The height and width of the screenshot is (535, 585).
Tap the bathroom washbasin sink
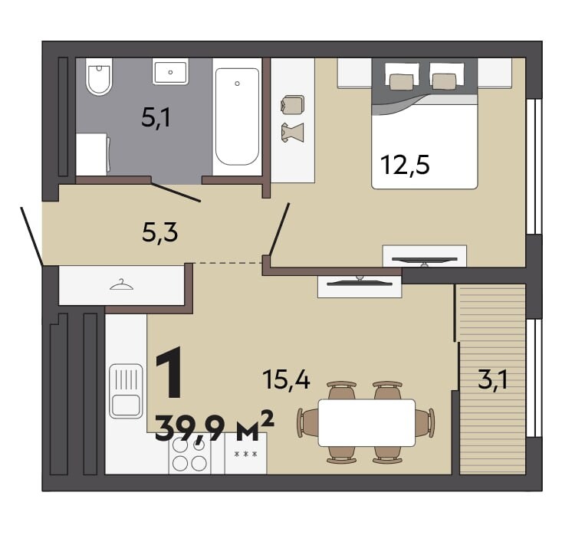pyautogui.click(x=170, y=73)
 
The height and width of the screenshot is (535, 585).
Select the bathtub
pyautogui.click(x=237, y=117)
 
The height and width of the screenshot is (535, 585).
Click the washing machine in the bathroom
pyautogui.click(x=93, y=154)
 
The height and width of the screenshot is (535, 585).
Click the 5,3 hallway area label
pyautogui.click(x=160, y=233)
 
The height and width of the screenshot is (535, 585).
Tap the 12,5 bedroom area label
pyautogui.click(x=405, y=165)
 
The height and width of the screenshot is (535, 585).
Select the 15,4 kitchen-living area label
pyautogui.click(x=287, y=379)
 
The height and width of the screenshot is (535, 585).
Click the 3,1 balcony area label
pyautogui.click(x=492, y=380)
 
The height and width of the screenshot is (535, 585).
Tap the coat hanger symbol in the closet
pyautogui.click(x=122, y=284)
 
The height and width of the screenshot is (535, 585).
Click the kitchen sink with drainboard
pyautogui.click(x=126, y=391)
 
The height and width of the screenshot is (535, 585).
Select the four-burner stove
pyautogui.click(x=189, y=453)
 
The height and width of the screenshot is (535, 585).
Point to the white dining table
pyautogui.click(x=366, y=422)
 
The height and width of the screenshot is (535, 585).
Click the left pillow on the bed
pyautogui.click(x=402, y=82)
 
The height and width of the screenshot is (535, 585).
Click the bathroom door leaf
pyautogui.click(x=176, y=192)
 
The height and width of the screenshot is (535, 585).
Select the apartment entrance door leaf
pyautogui.click(x=31, y=237)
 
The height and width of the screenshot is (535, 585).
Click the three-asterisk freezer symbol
pyautogui.click(x=245, y=454)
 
